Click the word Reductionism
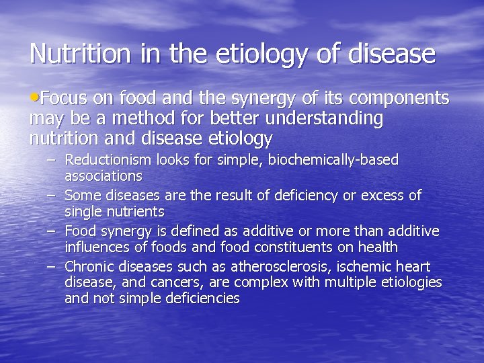[108, 160]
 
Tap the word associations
[103, 176]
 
